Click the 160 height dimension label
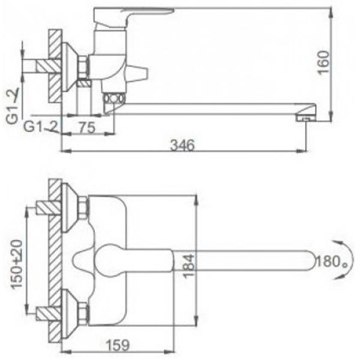click(x=323, y=62)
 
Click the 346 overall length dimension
click(x=182, y=145)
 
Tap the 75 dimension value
click(x=86, y=127)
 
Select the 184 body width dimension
click(x=189, y=266)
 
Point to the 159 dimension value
click(x=118, y=345)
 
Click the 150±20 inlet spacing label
click(x=17, y=264)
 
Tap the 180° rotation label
click(x=332, y=261)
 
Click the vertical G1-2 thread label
click(x=13, y=106)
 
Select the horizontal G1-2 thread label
click(x=41, y=127)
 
